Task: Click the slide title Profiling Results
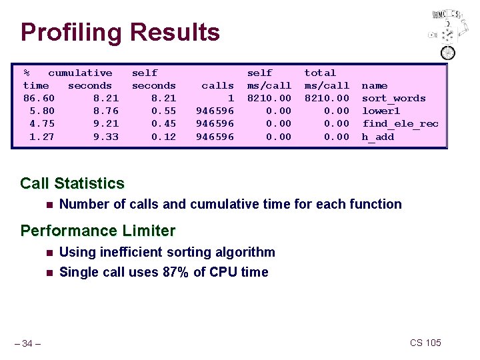(x=120, y=32)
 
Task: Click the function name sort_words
(x=393, y=98)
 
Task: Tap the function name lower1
(x=381, y=111)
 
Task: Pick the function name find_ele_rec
(x=400, y=123)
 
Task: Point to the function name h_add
(x=378, y=137)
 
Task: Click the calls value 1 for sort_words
(x=231, y=98)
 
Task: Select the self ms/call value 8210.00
(x=269, y=98)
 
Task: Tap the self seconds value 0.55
(x=163, y=111)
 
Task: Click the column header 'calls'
(x=218, y=85)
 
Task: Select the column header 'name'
(x=375, y=85)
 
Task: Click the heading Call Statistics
(x=72, y=183)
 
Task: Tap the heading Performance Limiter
(x=97, y=231)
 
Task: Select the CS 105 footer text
(x=425, y=343)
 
